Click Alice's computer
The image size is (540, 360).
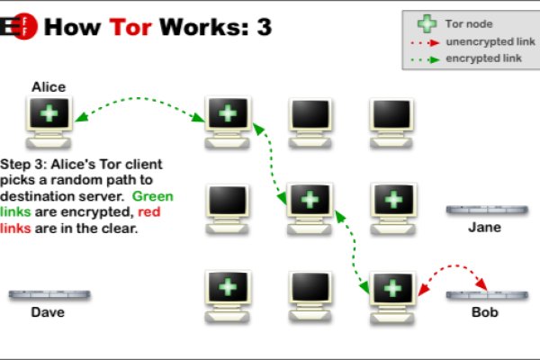pos(49,121)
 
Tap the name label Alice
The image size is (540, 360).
pos(49,87)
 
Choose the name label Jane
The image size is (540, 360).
pos(484,228)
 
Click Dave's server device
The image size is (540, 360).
pos(49,294)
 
